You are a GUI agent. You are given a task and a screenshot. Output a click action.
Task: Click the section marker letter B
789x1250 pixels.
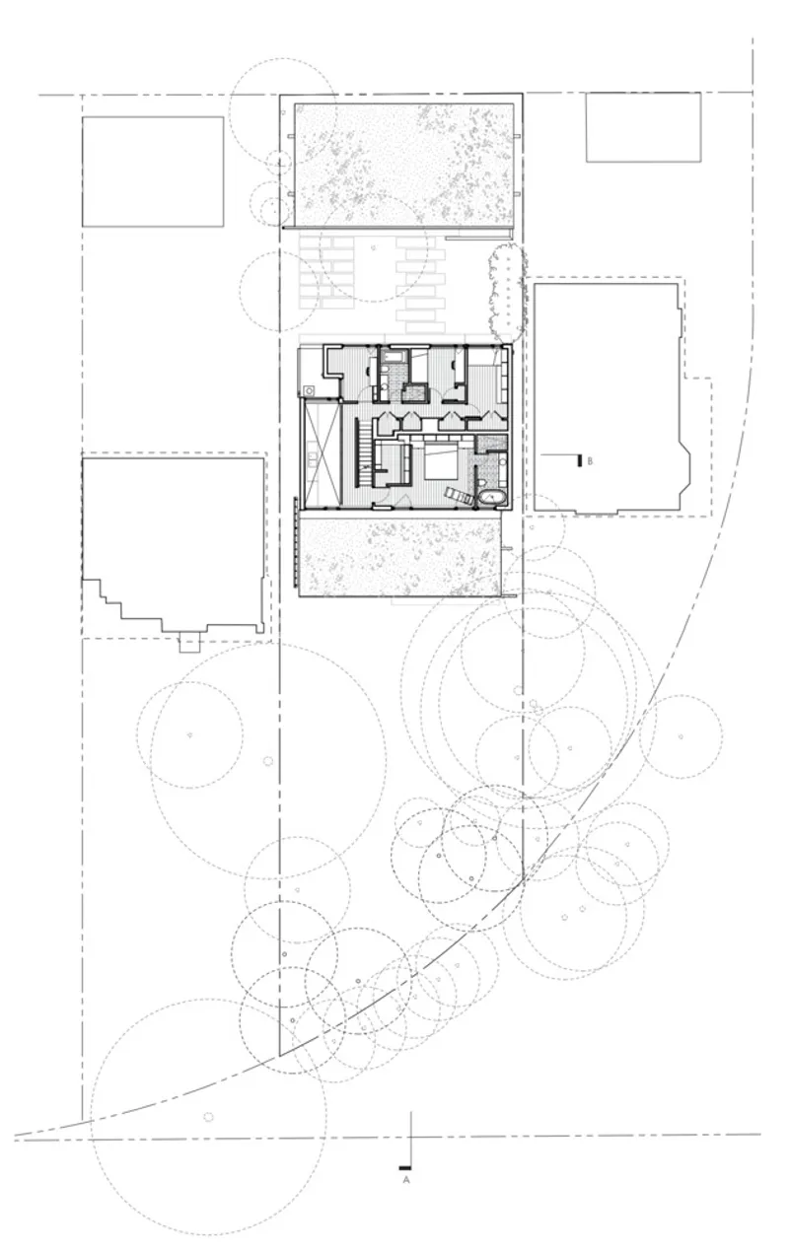click(x=590, y=461)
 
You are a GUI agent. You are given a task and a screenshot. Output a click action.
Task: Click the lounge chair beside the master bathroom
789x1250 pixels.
click(x=459, y=495)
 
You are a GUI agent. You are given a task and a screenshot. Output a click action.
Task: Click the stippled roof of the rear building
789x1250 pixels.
click(x=403, y=166)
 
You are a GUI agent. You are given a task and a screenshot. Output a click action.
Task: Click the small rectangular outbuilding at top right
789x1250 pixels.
click(x=643, y=127)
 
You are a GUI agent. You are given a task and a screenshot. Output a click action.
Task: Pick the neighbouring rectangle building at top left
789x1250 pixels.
click(x=153, y=172)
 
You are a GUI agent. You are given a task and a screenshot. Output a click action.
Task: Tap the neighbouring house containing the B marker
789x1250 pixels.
click(x=612, y=397)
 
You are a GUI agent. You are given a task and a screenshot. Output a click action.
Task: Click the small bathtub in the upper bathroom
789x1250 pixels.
click(x=395, y=355)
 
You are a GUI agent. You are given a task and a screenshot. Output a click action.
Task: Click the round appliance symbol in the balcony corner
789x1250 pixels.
click(x=308, y=390)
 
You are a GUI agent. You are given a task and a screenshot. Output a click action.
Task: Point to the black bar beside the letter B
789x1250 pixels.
click(x=581, y=461)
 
